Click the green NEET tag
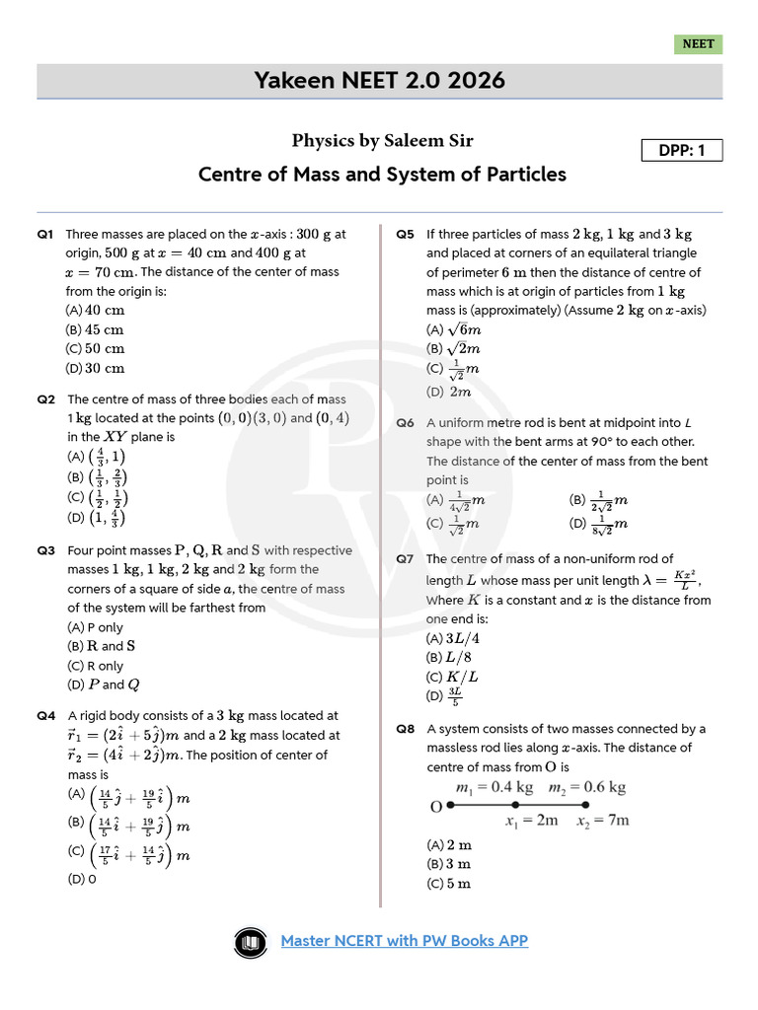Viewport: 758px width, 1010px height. tap(698, 44)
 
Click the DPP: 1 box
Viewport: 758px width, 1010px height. tap(682, 150)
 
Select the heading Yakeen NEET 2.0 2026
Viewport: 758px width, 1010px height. tap(380, 80)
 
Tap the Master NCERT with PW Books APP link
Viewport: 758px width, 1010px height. tap(405, 941)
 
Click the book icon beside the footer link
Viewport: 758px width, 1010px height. tap(252, 943)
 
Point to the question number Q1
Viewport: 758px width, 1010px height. tap(45, 235)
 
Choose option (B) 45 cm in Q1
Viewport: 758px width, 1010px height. tap(95, 330)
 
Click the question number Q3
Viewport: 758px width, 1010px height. tap(45, 550)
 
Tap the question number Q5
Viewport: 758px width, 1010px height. tap(406, 235)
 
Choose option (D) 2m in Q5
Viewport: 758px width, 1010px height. tap(449, 392)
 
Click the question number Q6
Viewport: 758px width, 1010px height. tap(406, 423)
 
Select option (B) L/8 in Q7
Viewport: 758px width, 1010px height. tap(448, 657)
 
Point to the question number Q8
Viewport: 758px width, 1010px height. tap(406, 730)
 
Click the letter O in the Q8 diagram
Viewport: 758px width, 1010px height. tap(435, 807)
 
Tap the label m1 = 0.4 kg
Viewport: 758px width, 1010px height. tap(493, 787)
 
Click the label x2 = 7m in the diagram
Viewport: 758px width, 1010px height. tap(602, 821)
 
